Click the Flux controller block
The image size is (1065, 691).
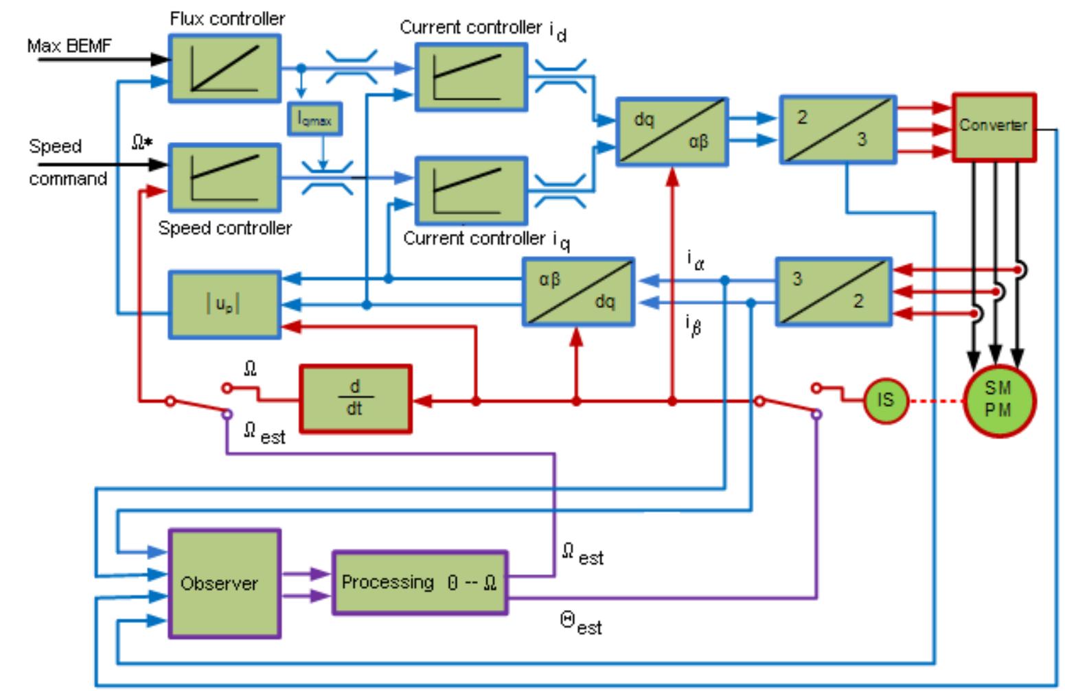[225, 69]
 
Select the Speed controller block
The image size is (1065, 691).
[225, 177]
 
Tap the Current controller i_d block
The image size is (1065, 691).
[471, 76]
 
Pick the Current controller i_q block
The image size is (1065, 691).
[471, 190]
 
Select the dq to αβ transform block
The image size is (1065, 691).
[672, 131]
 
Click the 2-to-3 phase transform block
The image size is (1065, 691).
[838, 130]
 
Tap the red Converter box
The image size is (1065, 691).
[994, 127]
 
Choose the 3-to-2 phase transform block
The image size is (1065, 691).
[834, 291]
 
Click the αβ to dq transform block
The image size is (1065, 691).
[578, 291]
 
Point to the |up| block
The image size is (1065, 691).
[225, 305]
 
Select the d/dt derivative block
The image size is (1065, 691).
[355, 399]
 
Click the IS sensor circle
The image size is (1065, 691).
[885, 399]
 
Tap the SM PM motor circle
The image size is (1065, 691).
[998, 399]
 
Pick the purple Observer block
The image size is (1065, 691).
[225, 583]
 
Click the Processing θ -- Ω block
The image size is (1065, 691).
[420, 582]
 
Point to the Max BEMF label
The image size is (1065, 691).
[69, 46]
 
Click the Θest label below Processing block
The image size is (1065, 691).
[581, 624]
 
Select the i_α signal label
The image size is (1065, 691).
[695, 260]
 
